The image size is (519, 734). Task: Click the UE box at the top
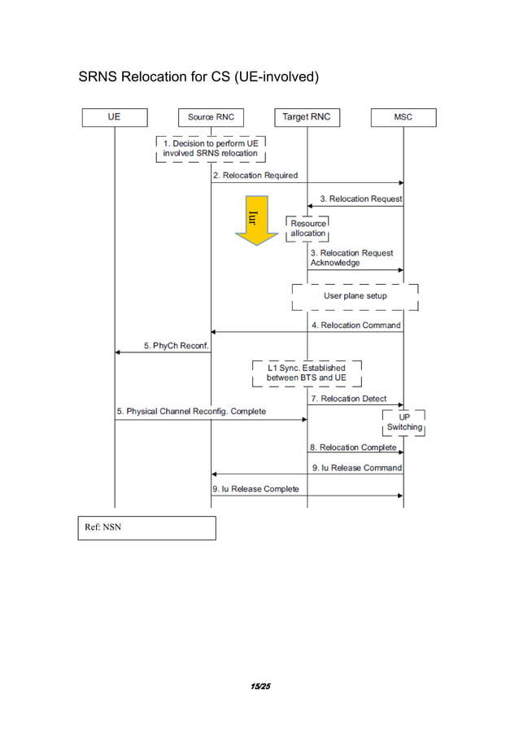pyautogui.click(x=114, y=117)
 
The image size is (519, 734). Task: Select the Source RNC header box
pyautogui.click(x=211, y=117)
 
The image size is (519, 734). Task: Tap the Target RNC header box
pyautogui.click(x=307, y=117)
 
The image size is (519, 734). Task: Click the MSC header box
pyautogui.click(x=403, y=117)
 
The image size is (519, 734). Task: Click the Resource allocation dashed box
pyautogui.click(x=307, y=229)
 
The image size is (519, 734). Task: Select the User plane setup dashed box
pyautogui.click(x=355, y=296)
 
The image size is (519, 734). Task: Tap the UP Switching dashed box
pyautogui.click(x=403, y=422)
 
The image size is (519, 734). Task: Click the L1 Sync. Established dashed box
pyautogui.click(x=306, y=374)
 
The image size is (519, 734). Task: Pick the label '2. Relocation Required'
pyautogui.click(x=255, y=175)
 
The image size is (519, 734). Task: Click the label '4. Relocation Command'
pyautogui.click(x=355, y=325)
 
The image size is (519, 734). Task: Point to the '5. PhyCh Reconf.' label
pyautogui.click(x=177, y=345)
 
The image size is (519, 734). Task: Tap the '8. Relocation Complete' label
pyautogui.click(x=352, y=448)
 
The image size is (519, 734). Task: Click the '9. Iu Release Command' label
pyautogui.click(x=355, y=468)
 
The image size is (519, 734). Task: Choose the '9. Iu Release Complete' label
pyautogui.click(x=255, y=489)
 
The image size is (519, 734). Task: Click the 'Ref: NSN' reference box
pyautogui.click(x=146, y=528)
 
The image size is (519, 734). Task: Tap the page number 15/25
pyautogui.click(x=259, y=687)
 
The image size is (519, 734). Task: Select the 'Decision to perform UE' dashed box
pyautogui.click(x=211, y=148)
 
